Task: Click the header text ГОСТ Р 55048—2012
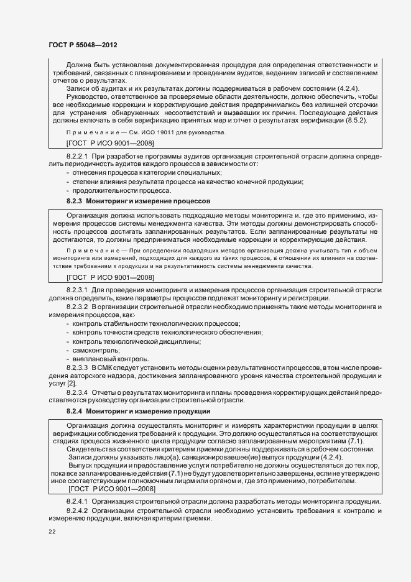click(x=83, y=45)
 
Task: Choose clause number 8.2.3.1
click(x=77, y=290)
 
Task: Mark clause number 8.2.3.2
click(x=77, y=307)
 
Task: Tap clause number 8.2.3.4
click(x=77, y=394)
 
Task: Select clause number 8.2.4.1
click(x=77, y=501)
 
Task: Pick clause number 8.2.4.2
click(x=77, y=510)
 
